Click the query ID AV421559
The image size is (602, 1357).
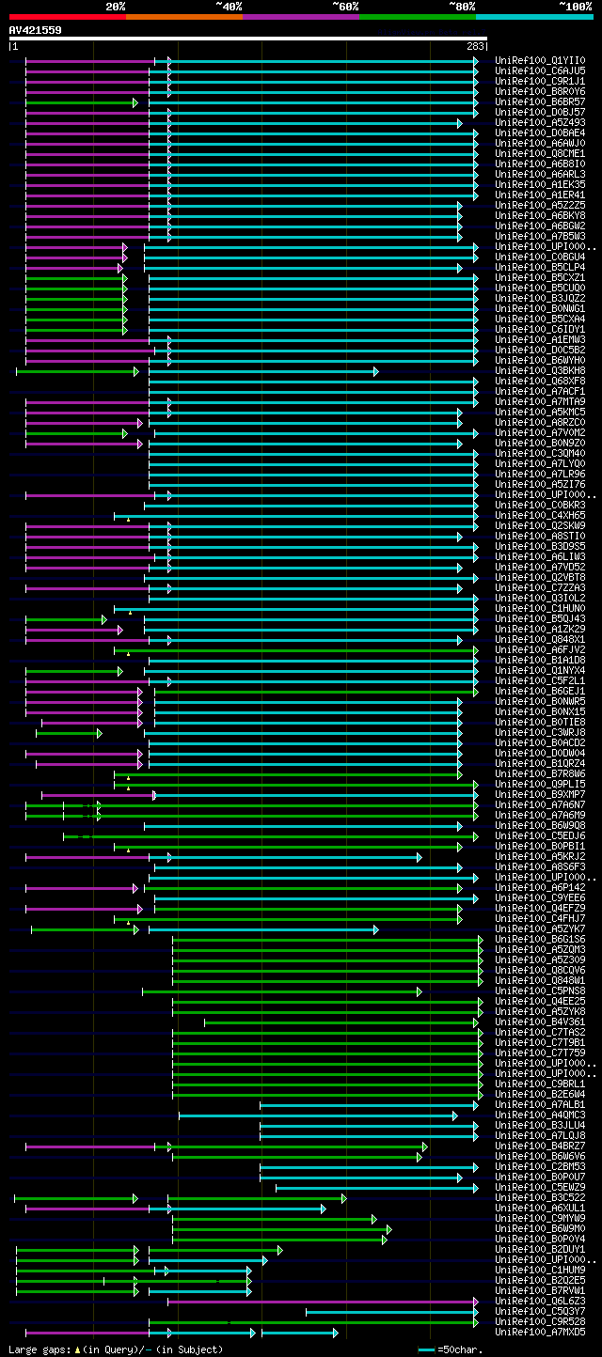[36, 30]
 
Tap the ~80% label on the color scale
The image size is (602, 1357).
[462, 7]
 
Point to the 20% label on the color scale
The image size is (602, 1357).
[116, 7]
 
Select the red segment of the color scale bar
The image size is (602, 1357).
[67, 16]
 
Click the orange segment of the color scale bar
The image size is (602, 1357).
[183, 16]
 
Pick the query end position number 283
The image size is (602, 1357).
[475, 45]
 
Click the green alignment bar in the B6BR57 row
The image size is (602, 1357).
[81, 102]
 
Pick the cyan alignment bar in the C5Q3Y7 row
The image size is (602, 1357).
[391, 1312]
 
